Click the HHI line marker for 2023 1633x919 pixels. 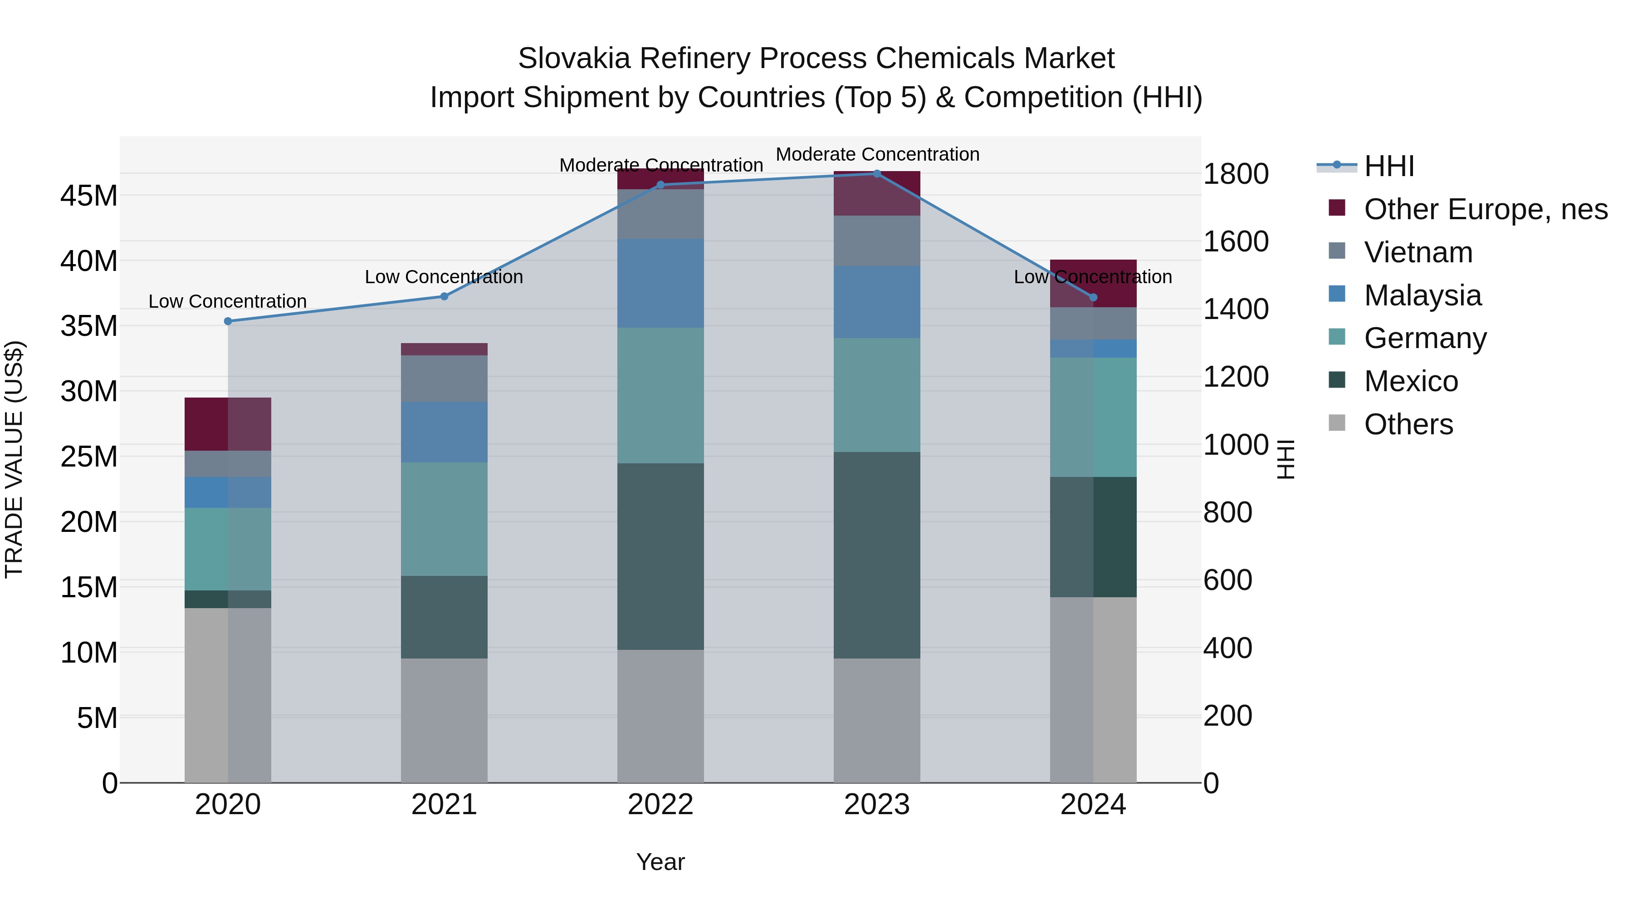click(877, 173)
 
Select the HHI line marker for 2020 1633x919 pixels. click(228, 321)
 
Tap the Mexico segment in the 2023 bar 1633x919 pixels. click(877, 555)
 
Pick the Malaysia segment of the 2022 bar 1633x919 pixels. click(660, 283)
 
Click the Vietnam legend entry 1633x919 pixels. click(1418, 252)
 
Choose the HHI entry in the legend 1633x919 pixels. click(1389, 166)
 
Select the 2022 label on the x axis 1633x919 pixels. click(660, 805)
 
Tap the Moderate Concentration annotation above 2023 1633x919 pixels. click(877, 154)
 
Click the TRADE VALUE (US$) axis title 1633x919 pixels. click(14, 459)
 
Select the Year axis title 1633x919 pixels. click(660, 862)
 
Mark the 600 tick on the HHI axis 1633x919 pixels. click(1227, 580)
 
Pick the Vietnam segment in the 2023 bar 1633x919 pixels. click(877, 241)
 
